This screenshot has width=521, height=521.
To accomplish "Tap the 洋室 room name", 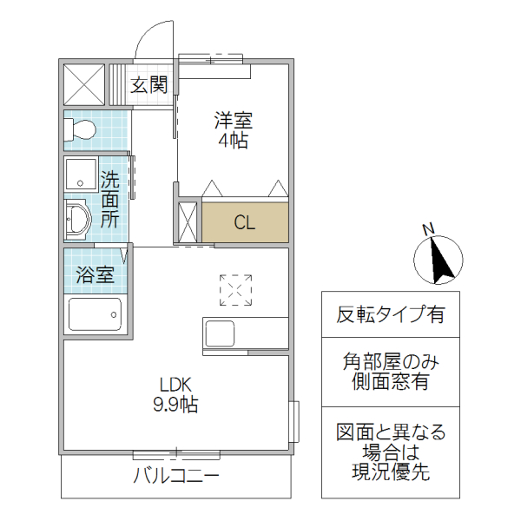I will [234, 121].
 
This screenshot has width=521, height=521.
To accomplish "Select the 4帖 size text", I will [234, 141].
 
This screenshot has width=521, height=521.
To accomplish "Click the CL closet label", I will [245, 222].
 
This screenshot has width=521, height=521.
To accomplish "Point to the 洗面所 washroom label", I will [109, 200].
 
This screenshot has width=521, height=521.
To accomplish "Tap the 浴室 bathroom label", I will [95, 275].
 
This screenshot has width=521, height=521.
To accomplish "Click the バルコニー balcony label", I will [176, 476].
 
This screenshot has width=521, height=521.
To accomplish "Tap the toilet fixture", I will [82, 130].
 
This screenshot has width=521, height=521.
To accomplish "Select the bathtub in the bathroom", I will [94, 313].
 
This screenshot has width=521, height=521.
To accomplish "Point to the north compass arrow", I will [438, 260].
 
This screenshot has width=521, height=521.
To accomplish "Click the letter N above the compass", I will [427, 228].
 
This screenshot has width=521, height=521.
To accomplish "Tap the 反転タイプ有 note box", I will [390, 314].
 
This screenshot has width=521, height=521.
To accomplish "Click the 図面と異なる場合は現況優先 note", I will [390, 452].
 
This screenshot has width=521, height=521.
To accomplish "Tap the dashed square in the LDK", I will [235, 290].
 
